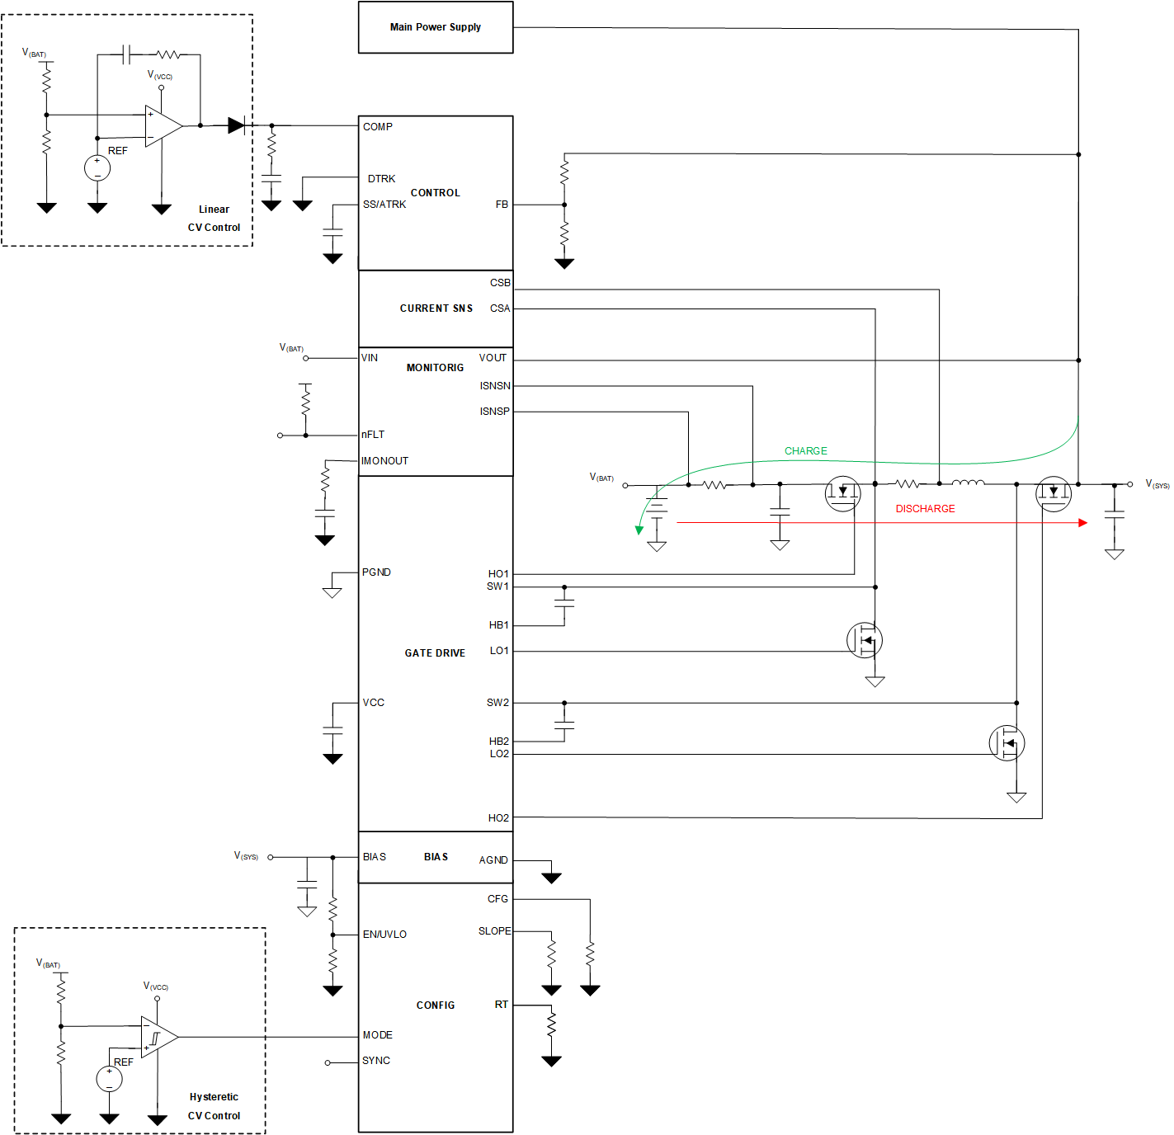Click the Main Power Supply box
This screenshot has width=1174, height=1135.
(436, 27)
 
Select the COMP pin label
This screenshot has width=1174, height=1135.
(378, 127)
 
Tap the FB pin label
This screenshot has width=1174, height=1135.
(502, 205)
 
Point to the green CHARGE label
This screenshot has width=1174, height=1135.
(805, 451)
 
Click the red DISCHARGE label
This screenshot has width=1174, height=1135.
(925, 509)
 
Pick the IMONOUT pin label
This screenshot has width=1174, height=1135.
(384, 461)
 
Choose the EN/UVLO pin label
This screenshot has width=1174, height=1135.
(384, 935)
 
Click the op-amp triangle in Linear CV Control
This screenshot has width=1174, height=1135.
(163, 126)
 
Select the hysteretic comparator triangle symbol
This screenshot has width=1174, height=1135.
(158, 1037)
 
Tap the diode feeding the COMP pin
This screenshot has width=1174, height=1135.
(236, 125)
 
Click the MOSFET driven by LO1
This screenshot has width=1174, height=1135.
(865, 640)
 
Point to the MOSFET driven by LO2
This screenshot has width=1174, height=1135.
(1007, 743)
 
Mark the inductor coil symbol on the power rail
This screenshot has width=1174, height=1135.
(968, 483)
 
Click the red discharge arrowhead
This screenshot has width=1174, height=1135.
(1082, 523)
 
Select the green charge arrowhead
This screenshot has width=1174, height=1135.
(639, 530)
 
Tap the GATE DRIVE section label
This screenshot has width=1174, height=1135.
(435, 653)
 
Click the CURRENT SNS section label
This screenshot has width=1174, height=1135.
(436, 308)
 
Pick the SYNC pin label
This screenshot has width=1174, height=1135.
(376, 1061)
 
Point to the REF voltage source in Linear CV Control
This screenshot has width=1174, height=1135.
(97, 168)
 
